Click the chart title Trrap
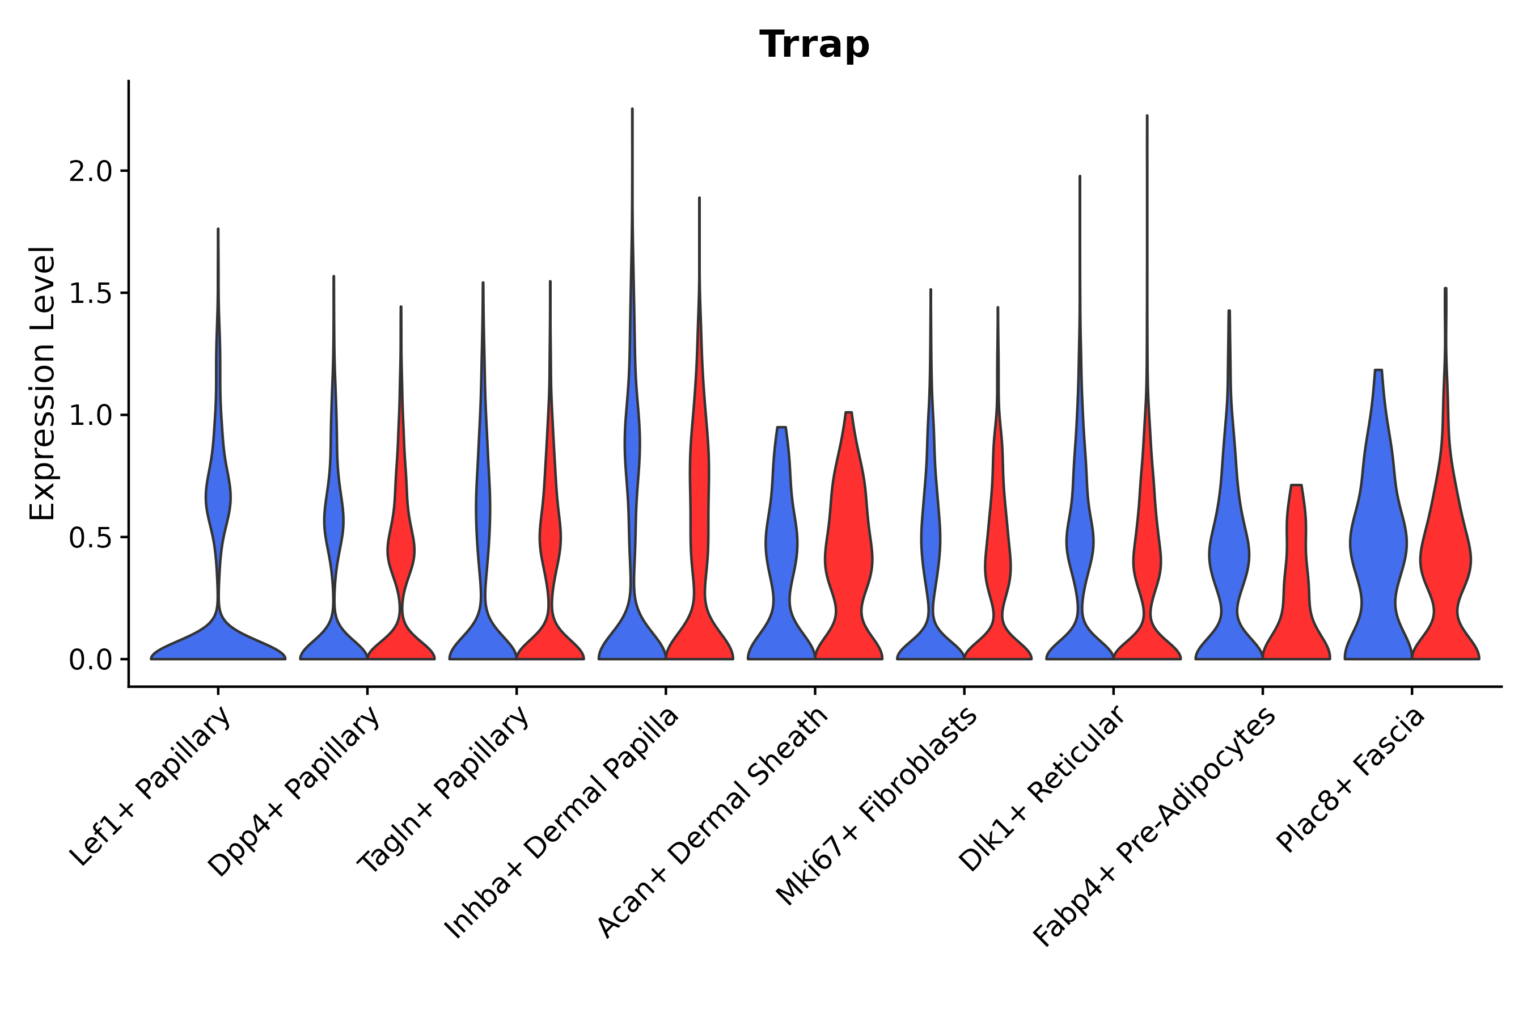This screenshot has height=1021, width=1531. pos(814,45)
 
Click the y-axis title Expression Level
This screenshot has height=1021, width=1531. pos(43,383)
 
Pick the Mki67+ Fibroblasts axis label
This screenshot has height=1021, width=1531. pos(877,807)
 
